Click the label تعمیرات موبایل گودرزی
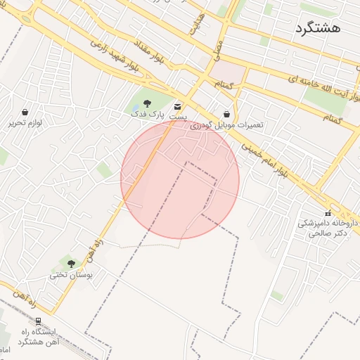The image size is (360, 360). click(227, 124)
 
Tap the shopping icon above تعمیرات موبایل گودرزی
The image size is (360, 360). click(226, 113)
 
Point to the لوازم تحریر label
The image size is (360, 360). click(25, 122)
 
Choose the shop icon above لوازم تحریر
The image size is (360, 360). click(25, 112)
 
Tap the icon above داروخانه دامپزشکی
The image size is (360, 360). click(328, 212)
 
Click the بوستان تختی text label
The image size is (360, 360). click(70, 275)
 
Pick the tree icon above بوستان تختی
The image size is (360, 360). click(71, 264)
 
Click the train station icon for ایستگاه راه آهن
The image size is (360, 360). click(37, 321)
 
